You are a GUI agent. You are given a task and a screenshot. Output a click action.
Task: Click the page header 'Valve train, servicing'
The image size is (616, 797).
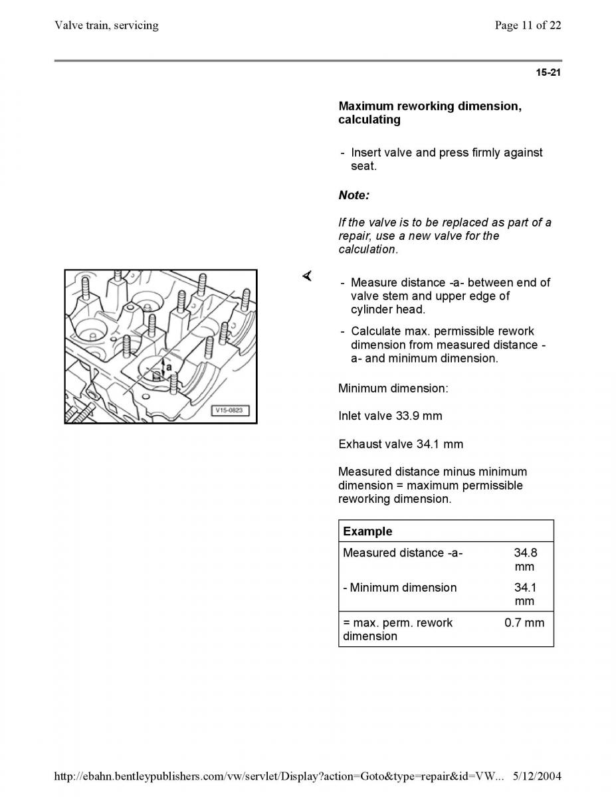pos(106,25)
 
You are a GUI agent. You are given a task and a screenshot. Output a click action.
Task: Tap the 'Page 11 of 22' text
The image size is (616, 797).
pos(528,25)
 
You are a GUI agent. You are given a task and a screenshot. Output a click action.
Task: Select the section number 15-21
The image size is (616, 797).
pos(548,72)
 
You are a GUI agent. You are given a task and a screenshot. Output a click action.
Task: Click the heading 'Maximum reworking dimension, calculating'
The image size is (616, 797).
pos(430,113)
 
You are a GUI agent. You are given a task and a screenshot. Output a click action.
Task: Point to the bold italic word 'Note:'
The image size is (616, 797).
pos(354,195)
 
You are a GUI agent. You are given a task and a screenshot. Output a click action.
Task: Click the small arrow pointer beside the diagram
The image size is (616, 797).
pos(308,276)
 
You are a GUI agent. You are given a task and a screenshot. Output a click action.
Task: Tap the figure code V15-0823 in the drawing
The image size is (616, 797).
pos(229,410)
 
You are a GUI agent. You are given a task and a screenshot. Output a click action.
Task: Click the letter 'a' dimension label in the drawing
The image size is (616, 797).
pos(169,367)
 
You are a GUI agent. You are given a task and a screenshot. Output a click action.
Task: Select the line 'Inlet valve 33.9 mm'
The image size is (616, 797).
pos(390,416)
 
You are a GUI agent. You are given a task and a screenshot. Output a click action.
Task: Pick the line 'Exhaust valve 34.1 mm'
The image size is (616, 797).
pos(401,444)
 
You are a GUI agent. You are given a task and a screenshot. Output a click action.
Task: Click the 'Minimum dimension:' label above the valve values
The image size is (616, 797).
pos(393,388)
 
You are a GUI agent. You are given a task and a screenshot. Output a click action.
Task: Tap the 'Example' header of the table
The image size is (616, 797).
pos(367,531)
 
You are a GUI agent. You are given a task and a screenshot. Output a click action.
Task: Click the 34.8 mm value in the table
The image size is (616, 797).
pos(526,559)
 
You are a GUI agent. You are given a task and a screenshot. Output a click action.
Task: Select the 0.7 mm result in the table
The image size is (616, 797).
pos(524,622)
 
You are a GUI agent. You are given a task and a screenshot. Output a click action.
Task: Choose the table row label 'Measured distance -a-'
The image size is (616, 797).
pos(403,553)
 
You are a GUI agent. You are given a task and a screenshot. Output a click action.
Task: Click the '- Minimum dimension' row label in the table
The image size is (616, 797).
pos(399,588)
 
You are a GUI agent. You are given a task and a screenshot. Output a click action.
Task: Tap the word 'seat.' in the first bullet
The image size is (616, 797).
pos(363,166)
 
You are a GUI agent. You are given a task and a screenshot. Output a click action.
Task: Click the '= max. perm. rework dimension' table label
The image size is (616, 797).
pos(397,629)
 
